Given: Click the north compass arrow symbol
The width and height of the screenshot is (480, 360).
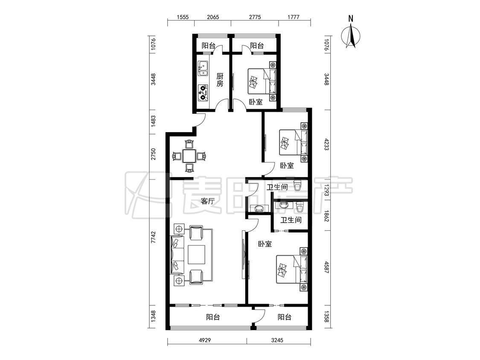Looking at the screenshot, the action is (351, 37).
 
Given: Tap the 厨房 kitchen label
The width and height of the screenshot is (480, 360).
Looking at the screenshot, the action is (220, 80).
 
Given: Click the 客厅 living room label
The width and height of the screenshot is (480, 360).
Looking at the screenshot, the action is (207, 201).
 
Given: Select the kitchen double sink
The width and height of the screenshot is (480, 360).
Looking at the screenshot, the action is (202, 68).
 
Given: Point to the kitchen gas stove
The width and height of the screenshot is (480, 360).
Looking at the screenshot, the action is (203, 93).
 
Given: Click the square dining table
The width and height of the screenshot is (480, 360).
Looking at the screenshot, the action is (189, 156).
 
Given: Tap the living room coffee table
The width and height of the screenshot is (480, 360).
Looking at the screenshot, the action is (197, 255).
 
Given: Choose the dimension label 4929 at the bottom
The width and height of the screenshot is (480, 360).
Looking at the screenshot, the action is (205, 340).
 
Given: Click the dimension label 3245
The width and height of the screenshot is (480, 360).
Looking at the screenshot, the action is (277, 340).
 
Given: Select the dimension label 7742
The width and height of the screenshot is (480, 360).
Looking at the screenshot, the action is (154, 237).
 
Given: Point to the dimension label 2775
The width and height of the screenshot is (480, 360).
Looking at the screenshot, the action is (255, 17).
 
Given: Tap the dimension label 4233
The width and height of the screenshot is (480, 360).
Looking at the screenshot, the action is (327, 144).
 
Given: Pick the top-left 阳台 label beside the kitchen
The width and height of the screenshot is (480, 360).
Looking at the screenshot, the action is (209, 46).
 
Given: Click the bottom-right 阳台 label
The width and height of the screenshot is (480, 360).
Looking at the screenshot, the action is (285, 317).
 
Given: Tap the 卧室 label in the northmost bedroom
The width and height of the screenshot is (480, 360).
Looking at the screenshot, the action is (256, 102).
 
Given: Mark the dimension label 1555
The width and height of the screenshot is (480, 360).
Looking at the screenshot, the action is (183, 17).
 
